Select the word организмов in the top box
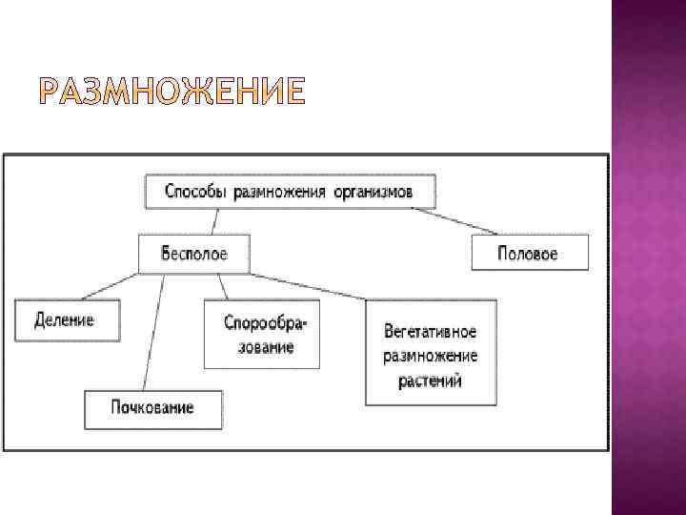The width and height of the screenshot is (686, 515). [x=373, y=192]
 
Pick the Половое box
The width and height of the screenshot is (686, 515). [x=528, y=254]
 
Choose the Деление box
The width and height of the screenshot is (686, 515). [x=66, y=320]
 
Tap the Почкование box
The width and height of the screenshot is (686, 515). [x=152, y=408]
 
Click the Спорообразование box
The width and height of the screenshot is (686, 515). [x=259, y=335]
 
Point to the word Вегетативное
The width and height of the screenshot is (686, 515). [x=431, y=332]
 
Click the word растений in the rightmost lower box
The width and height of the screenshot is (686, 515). [x=431, y=380]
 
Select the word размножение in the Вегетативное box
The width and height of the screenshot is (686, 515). [x=431, y=356]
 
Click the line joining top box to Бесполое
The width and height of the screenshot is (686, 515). [x=217, y=222]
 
